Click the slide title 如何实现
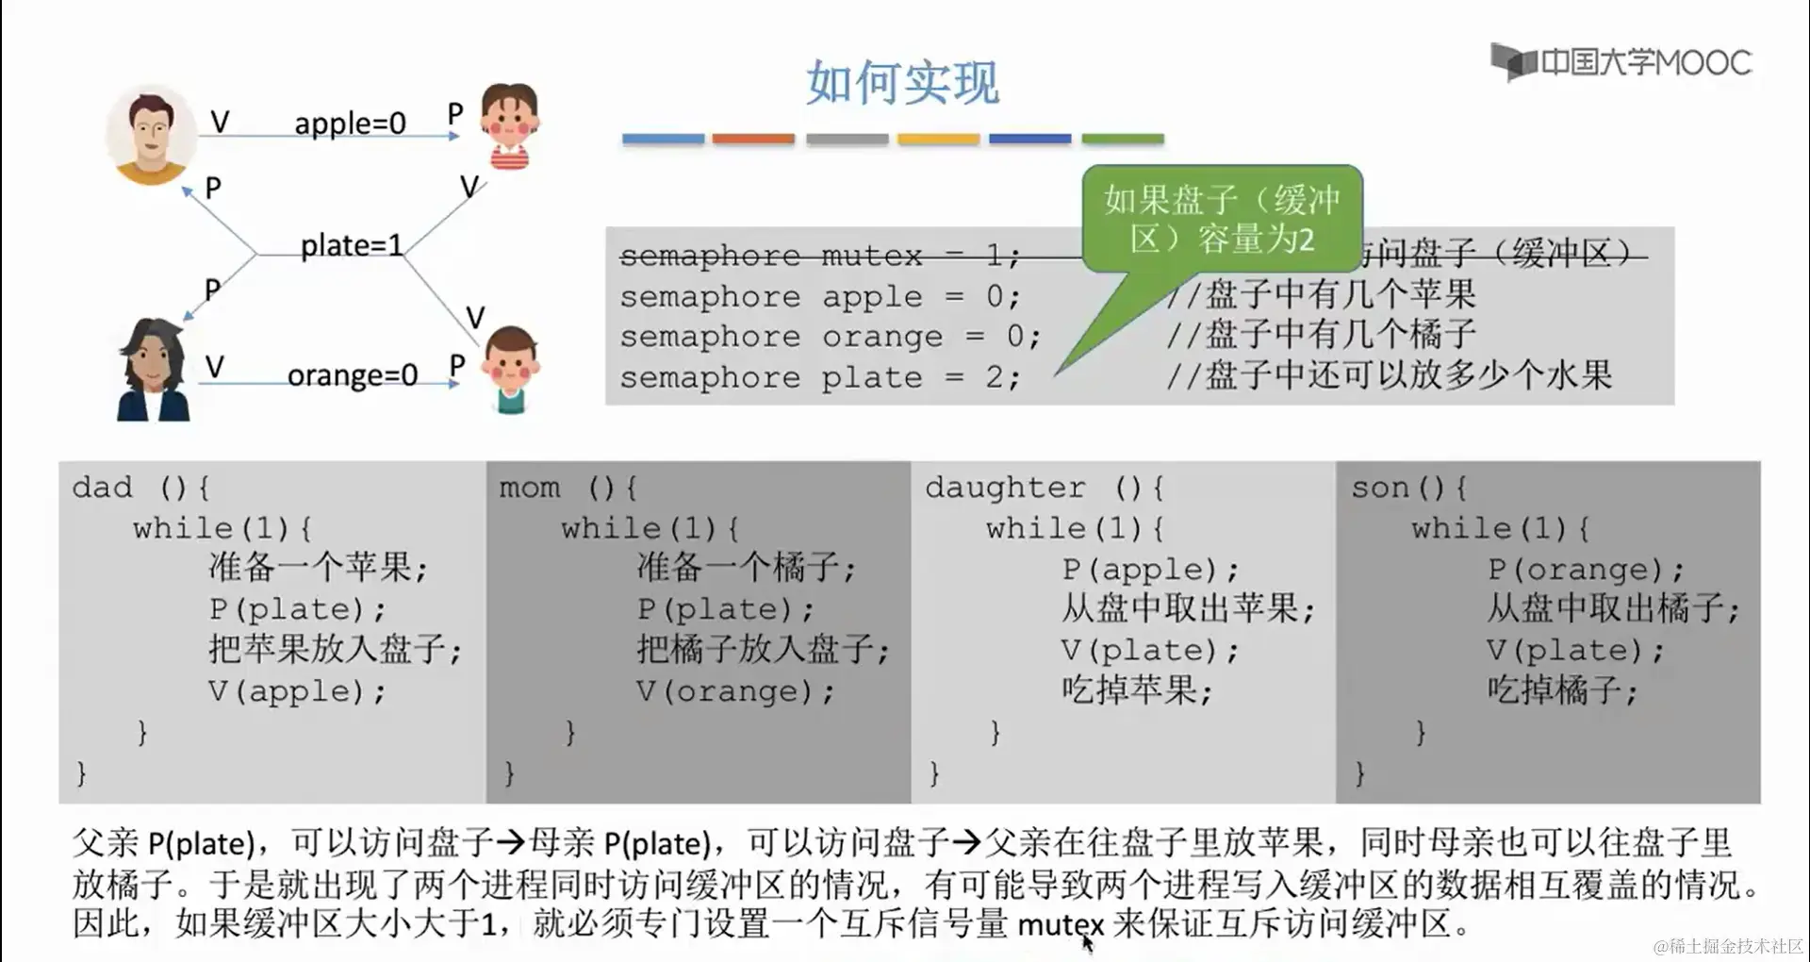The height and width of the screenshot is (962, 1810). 902,83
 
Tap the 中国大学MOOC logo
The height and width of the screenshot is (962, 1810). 1621,62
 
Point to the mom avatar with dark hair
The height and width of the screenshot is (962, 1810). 153,370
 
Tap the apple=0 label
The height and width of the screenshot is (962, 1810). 350,124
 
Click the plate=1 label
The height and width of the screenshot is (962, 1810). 351,246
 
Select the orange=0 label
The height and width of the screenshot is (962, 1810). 352,375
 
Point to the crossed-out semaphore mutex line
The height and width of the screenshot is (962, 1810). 819,256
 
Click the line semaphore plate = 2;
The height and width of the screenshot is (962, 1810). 819,378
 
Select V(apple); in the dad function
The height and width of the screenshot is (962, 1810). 297,691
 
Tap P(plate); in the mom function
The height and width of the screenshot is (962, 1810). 725,609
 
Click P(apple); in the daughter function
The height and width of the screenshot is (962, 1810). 1150,570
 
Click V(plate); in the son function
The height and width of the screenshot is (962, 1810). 1575,650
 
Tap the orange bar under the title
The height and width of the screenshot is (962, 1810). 753,139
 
